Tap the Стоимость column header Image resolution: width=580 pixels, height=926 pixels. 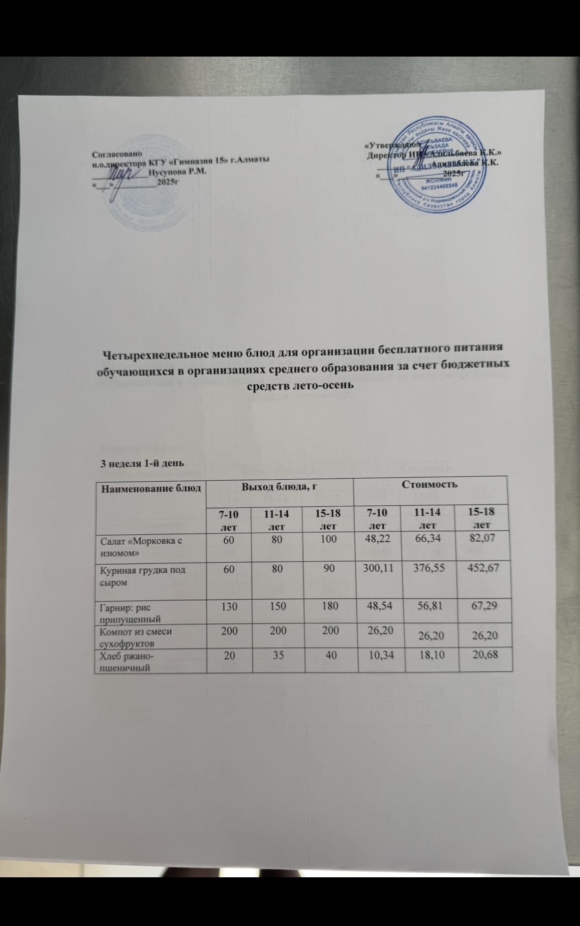pyautogui.click(x=430, y=484)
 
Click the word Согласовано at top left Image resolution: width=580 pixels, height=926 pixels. pyautogui.click(x=117, y=154)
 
